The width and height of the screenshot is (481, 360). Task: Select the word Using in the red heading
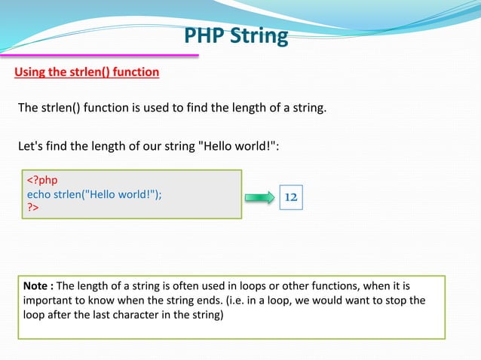pyautogui.click(x=31, y=72)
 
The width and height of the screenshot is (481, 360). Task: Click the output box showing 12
pyautogui.click(x=290, y=197)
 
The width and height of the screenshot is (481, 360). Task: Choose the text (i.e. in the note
pyautogui.click(x=259, y=301)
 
